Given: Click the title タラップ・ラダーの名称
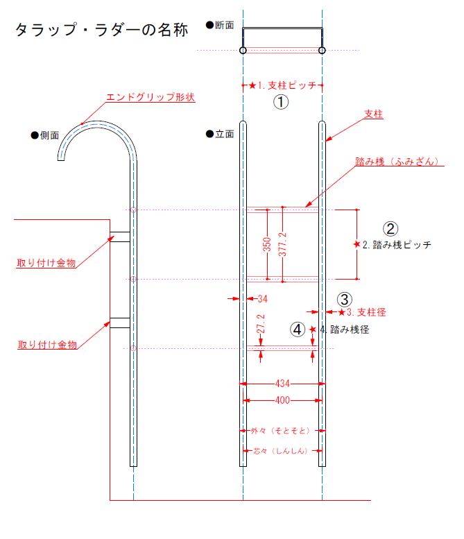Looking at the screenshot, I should pos(101,30).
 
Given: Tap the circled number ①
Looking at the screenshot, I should pos(280,103).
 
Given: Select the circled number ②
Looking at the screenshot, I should pos(390,228).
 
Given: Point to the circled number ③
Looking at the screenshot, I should pos(345,299).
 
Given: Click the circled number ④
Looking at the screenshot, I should pos(298,330).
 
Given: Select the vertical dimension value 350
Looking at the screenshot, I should pos(267,245).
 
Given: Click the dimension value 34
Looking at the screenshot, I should pos(262,299).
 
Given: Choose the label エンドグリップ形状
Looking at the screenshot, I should pos(150,98).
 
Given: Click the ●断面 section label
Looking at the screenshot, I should pos(220,25).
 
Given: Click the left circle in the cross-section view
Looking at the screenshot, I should pos(243,50).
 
